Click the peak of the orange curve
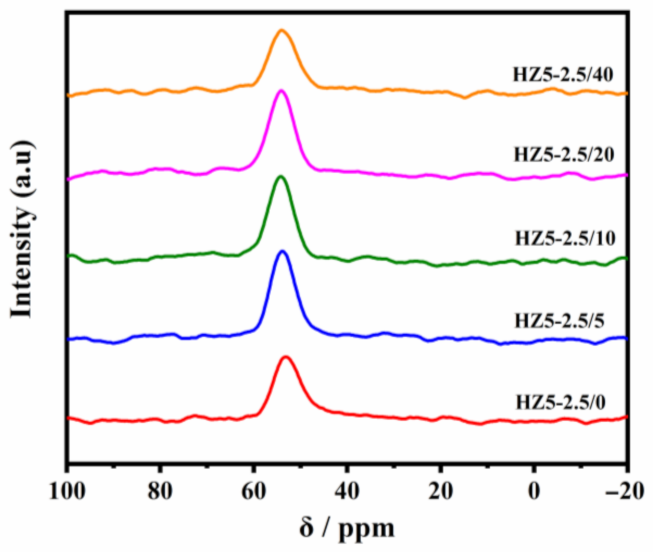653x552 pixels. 282,31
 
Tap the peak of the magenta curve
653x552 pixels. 281,91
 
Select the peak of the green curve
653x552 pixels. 281,177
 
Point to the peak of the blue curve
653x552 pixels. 282,251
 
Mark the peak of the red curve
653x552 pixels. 286,357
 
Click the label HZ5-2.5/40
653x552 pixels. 562,73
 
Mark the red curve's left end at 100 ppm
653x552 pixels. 68,417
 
